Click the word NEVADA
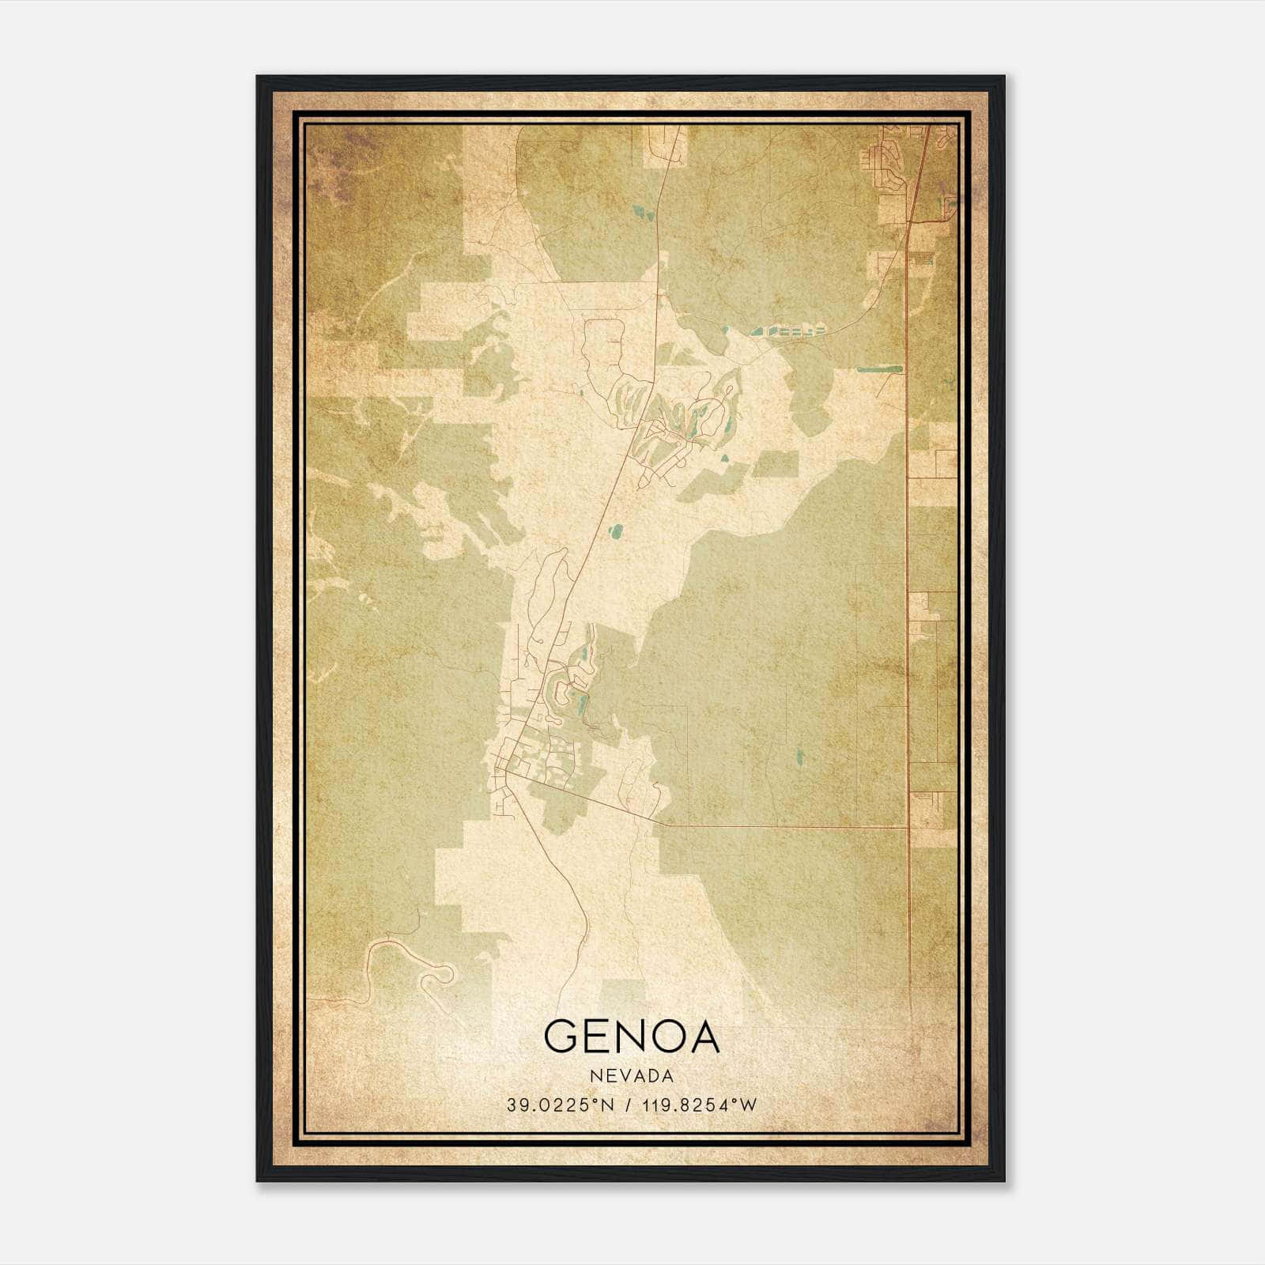632,1076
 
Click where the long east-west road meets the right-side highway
908,827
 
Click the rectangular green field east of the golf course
775,465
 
